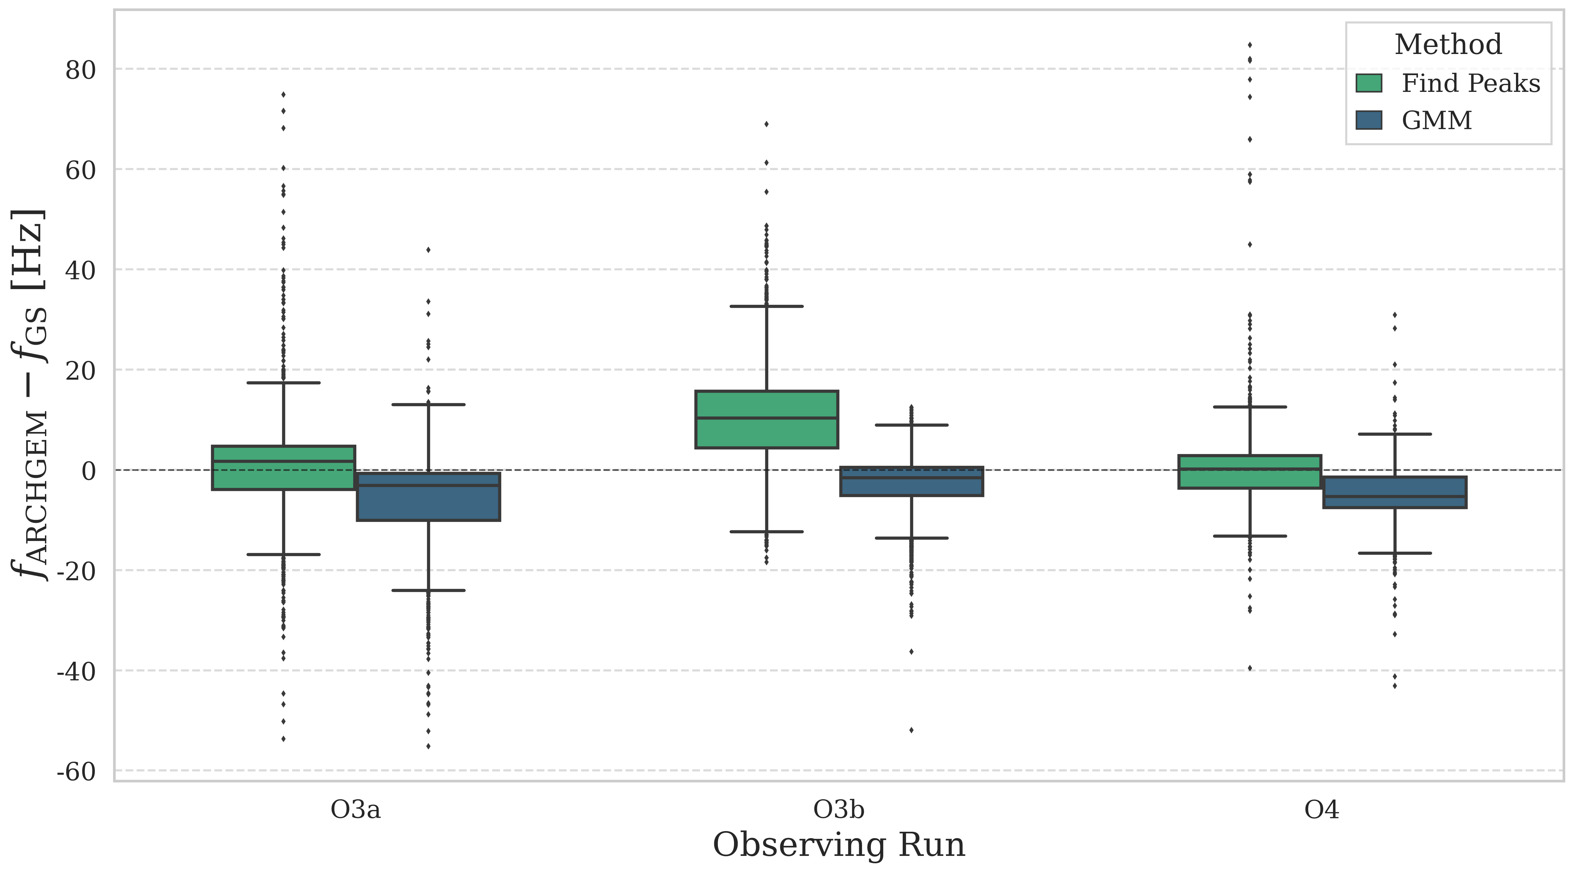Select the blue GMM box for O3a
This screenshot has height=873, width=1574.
tap(428, 497)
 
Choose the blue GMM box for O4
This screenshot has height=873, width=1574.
tap(1395, 492)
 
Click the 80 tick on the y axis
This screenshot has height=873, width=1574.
tap(81, 70)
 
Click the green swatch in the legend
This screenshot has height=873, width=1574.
tap(1369, 83)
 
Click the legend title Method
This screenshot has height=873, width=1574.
tap(1448, 45)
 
